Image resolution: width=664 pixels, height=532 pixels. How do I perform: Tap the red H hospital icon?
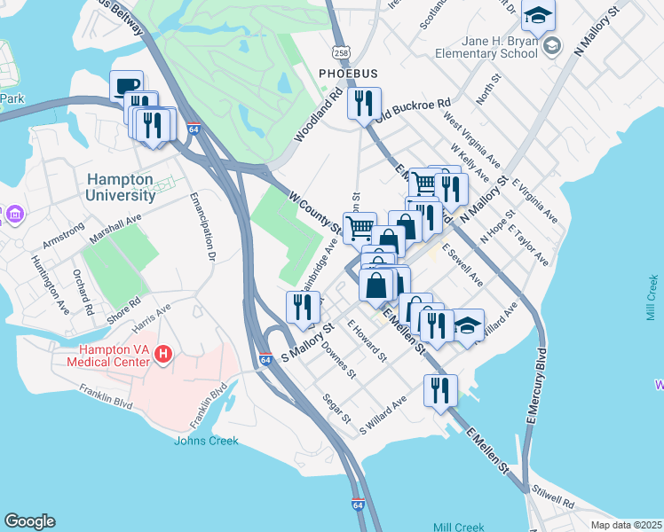coord(162,355)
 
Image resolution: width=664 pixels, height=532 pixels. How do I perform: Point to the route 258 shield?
coord(339,53)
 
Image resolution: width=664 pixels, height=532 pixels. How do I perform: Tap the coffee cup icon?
coord(126,87)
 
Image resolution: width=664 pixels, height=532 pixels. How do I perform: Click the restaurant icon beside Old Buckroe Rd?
coord(364,104)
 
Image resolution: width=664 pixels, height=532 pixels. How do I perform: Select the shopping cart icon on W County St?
coord(359,227)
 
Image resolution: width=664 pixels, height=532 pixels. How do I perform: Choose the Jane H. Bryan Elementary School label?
coord(486,46)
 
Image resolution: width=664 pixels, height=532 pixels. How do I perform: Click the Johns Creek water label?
coord(206,441)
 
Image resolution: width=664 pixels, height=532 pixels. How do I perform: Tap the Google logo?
coord(29,521)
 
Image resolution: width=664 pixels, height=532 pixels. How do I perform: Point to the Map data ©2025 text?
coord(626,525)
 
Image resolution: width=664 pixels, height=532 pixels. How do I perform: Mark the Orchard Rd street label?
coord(83,291)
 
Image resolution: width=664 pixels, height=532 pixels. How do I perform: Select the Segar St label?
coord(337,408)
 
